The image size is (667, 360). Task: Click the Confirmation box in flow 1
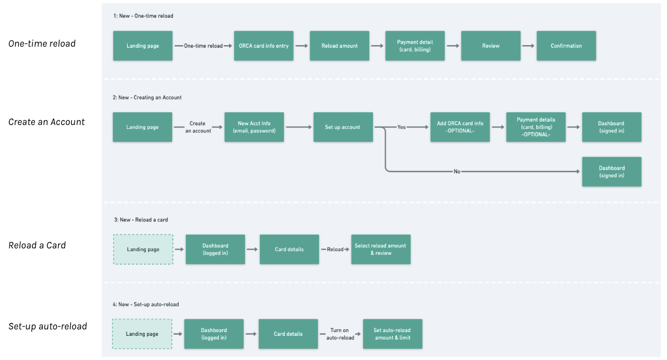[x=566, y=46]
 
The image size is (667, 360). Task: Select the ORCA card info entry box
[x=263, y=46]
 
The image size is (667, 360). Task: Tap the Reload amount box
[x=339, y=46]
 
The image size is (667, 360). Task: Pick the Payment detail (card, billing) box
[x=415, y=46]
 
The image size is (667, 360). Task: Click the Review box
[x=490, y=46]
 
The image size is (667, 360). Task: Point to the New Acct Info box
[x=254, y=127]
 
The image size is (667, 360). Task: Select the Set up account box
[x=343, y=127]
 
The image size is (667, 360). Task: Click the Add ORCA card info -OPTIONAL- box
[x=460, y=127]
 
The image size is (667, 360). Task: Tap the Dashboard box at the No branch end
[x=611, y=172]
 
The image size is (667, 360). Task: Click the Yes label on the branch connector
[x=401, y=127]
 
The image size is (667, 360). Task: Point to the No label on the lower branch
[x=457, y=172]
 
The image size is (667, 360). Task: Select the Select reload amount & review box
[x=380, y=249]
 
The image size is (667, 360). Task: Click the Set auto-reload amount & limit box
[x=392, y=334]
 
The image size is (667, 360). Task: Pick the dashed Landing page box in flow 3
[x=143, y=249]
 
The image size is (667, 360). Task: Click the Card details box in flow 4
[x=288, y=334]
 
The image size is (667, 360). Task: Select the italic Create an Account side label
[x=47, y=122]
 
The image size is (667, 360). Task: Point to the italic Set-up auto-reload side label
[x=48, y=326]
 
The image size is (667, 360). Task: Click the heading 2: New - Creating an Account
[x=147, y=98]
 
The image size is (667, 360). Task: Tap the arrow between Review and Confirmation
[x=529, y=46]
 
